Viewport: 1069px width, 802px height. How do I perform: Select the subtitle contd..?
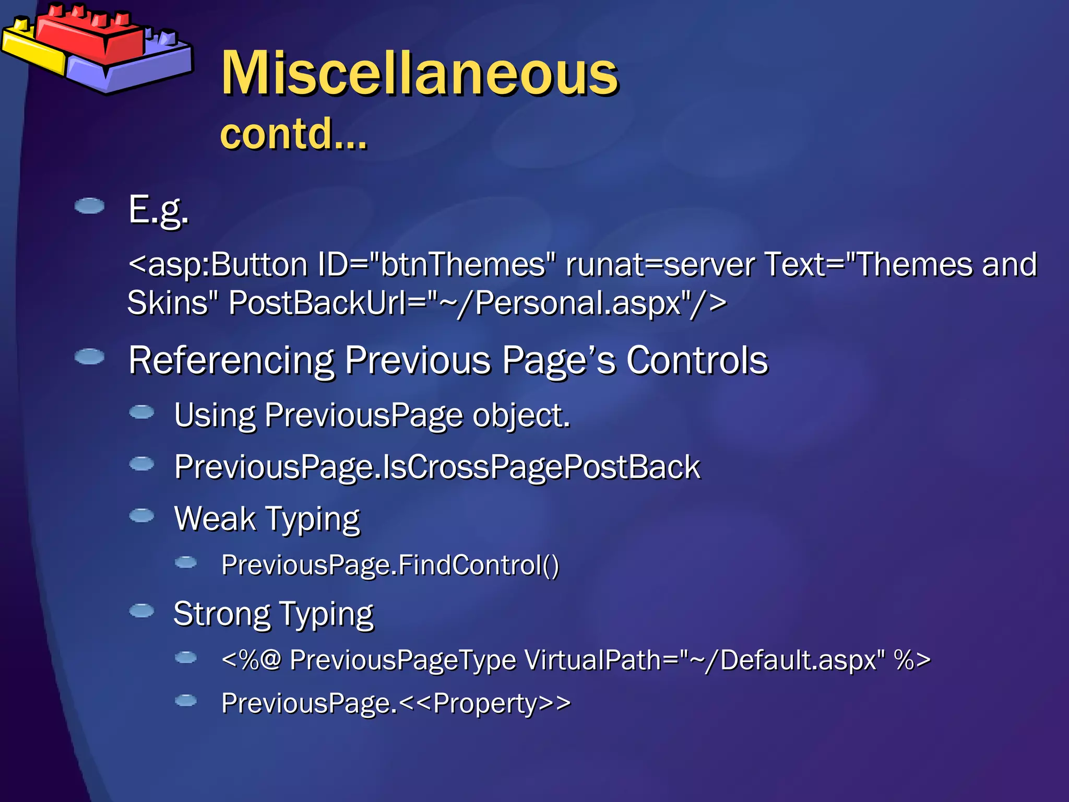[293, 134]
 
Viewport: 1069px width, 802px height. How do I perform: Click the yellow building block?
[31, 50]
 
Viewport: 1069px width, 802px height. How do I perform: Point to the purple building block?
[141, 68]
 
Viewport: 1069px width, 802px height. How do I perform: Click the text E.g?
[158, 210]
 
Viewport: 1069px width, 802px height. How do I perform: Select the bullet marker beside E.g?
[89, 206]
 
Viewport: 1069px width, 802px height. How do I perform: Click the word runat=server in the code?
[660, 264]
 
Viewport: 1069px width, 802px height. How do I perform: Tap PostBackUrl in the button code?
[318, 303]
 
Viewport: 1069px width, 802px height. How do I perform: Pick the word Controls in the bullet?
[697, 361]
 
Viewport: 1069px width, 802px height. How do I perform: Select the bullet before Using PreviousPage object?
[141, 412]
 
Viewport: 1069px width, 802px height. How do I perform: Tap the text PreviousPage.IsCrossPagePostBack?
[437, 467]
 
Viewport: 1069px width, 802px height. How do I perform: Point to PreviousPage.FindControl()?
[390, 565]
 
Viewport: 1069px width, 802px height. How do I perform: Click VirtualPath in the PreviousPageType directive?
[592, 660]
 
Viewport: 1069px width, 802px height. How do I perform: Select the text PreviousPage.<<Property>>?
[396, 703]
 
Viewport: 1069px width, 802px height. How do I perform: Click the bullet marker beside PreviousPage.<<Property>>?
[185, 700]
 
